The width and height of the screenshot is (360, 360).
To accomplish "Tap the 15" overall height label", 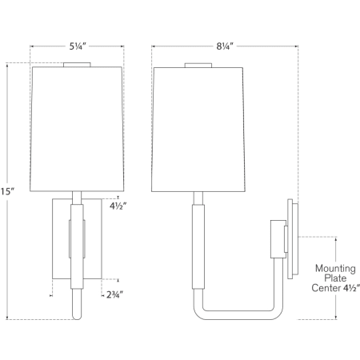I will tap(8, 192).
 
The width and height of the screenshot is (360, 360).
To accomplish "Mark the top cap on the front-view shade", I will tap(77, 64).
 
